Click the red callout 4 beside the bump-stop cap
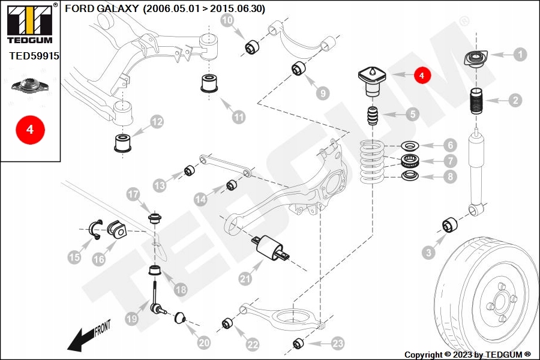tap(422, 75)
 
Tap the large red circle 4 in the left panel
tap(30, 130)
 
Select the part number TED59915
tap(34, 56)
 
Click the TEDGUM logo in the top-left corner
tap(30, 24)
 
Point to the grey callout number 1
tap(520, 54)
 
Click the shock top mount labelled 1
tap(476, 59)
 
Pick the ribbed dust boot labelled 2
tap(476, 101)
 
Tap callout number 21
tap(245, 278)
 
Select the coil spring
tap(372, 161)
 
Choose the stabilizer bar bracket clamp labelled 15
tap(96, 229)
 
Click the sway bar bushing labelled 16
tap(117, 230)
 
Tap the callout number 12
tap(157, 122)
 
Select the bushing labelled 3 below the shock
tap(450, 225)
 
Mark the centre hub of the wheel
tap(499, 304)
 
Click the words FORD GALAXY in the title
tap(101, 8)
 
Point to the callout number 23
tap(337, 343)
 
